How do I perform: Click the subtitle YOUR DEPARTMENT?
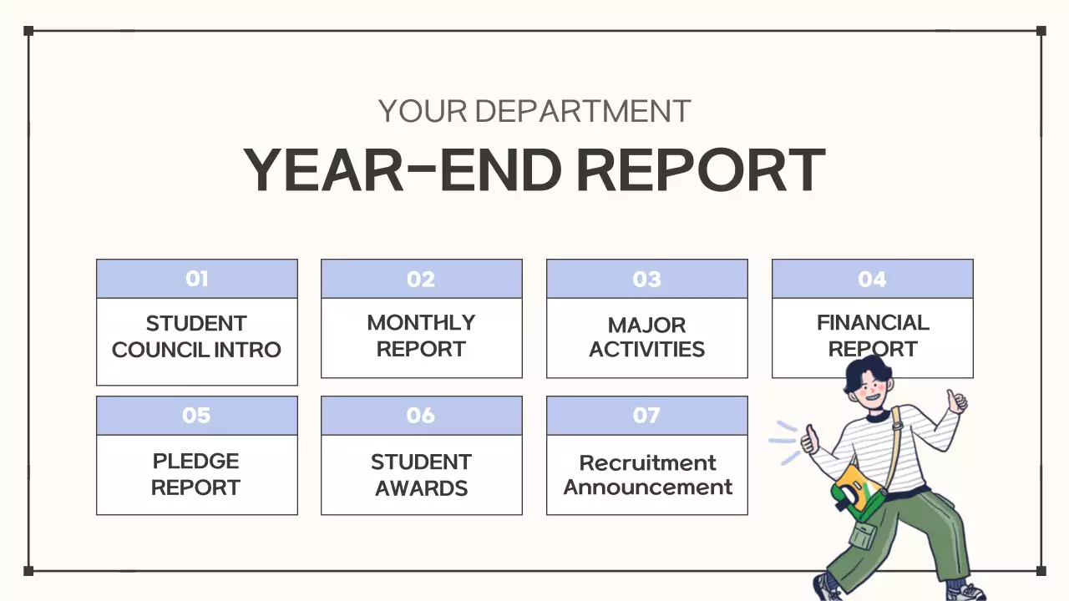pyautogui.click(x=534, y=111)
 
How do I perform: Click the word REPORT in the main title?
pyautogui.click(x=701, y=170)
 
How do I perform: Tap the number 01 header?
pyautogui.click(x=197, y=279)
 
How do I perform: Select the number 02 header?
pyautogui.click(x=421, y=279)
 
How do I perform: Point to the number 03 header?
pyautogui.click(x=646, y=279)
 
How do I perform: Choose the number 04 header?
pyautogui.click(x=872, y=279)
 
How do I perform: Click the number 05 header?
pyautogui.click(x=197, y=416)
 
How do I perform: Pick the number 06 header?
pyautogui.click(x=421, y=416)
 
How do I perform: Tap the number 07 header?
pyautogui.click(x=646, y=416)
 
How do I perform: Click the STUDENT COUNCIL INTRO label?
pyautogui.click(x=196, y=336)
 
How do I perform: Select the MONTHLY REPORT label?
pyautogui.click(x=421, y=336)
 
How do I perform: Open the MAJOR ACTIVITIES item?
pyautogui.click(x=646, y=336)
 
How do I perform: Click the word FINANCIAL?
pyautogui.click(x=872, y=323)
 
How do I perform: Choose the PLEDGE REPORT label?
pyautogui.click(x=196, y=474)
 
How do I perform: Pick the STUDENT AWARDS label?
pyautogui.click(x=421, y=474)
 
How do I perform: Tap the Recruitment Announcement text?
pyautogui.click(x=647, y=474)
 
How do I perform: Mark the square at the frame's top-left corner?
pyautogui.click(x=28, y=31)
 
